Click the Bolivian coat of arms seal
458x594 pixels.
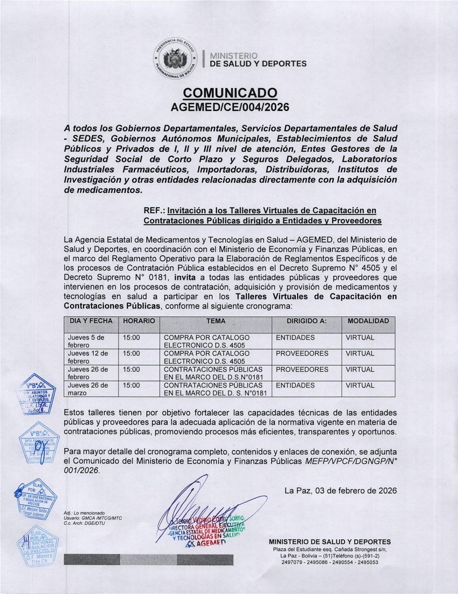click(175, 59)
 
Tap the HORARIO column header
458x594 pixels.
click(139, 321)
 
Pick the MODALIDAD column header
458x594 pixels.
click(368, 321)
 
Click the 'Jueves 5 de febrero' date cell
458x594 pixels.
click(90, 341)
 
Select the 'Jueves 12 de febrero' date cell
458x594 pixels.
click(90, 357)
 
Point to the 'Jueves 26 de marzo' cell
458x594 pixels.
click(90, 389)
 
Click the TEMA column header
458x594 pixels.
click(216, 321)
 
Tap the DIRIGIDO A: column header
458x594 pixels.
click(307, 321)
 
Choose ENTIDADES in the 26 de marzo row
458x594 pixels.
click(295, 386)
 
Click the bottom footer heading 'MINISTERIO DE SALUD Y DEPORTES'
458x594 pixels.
click(329, 542)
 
